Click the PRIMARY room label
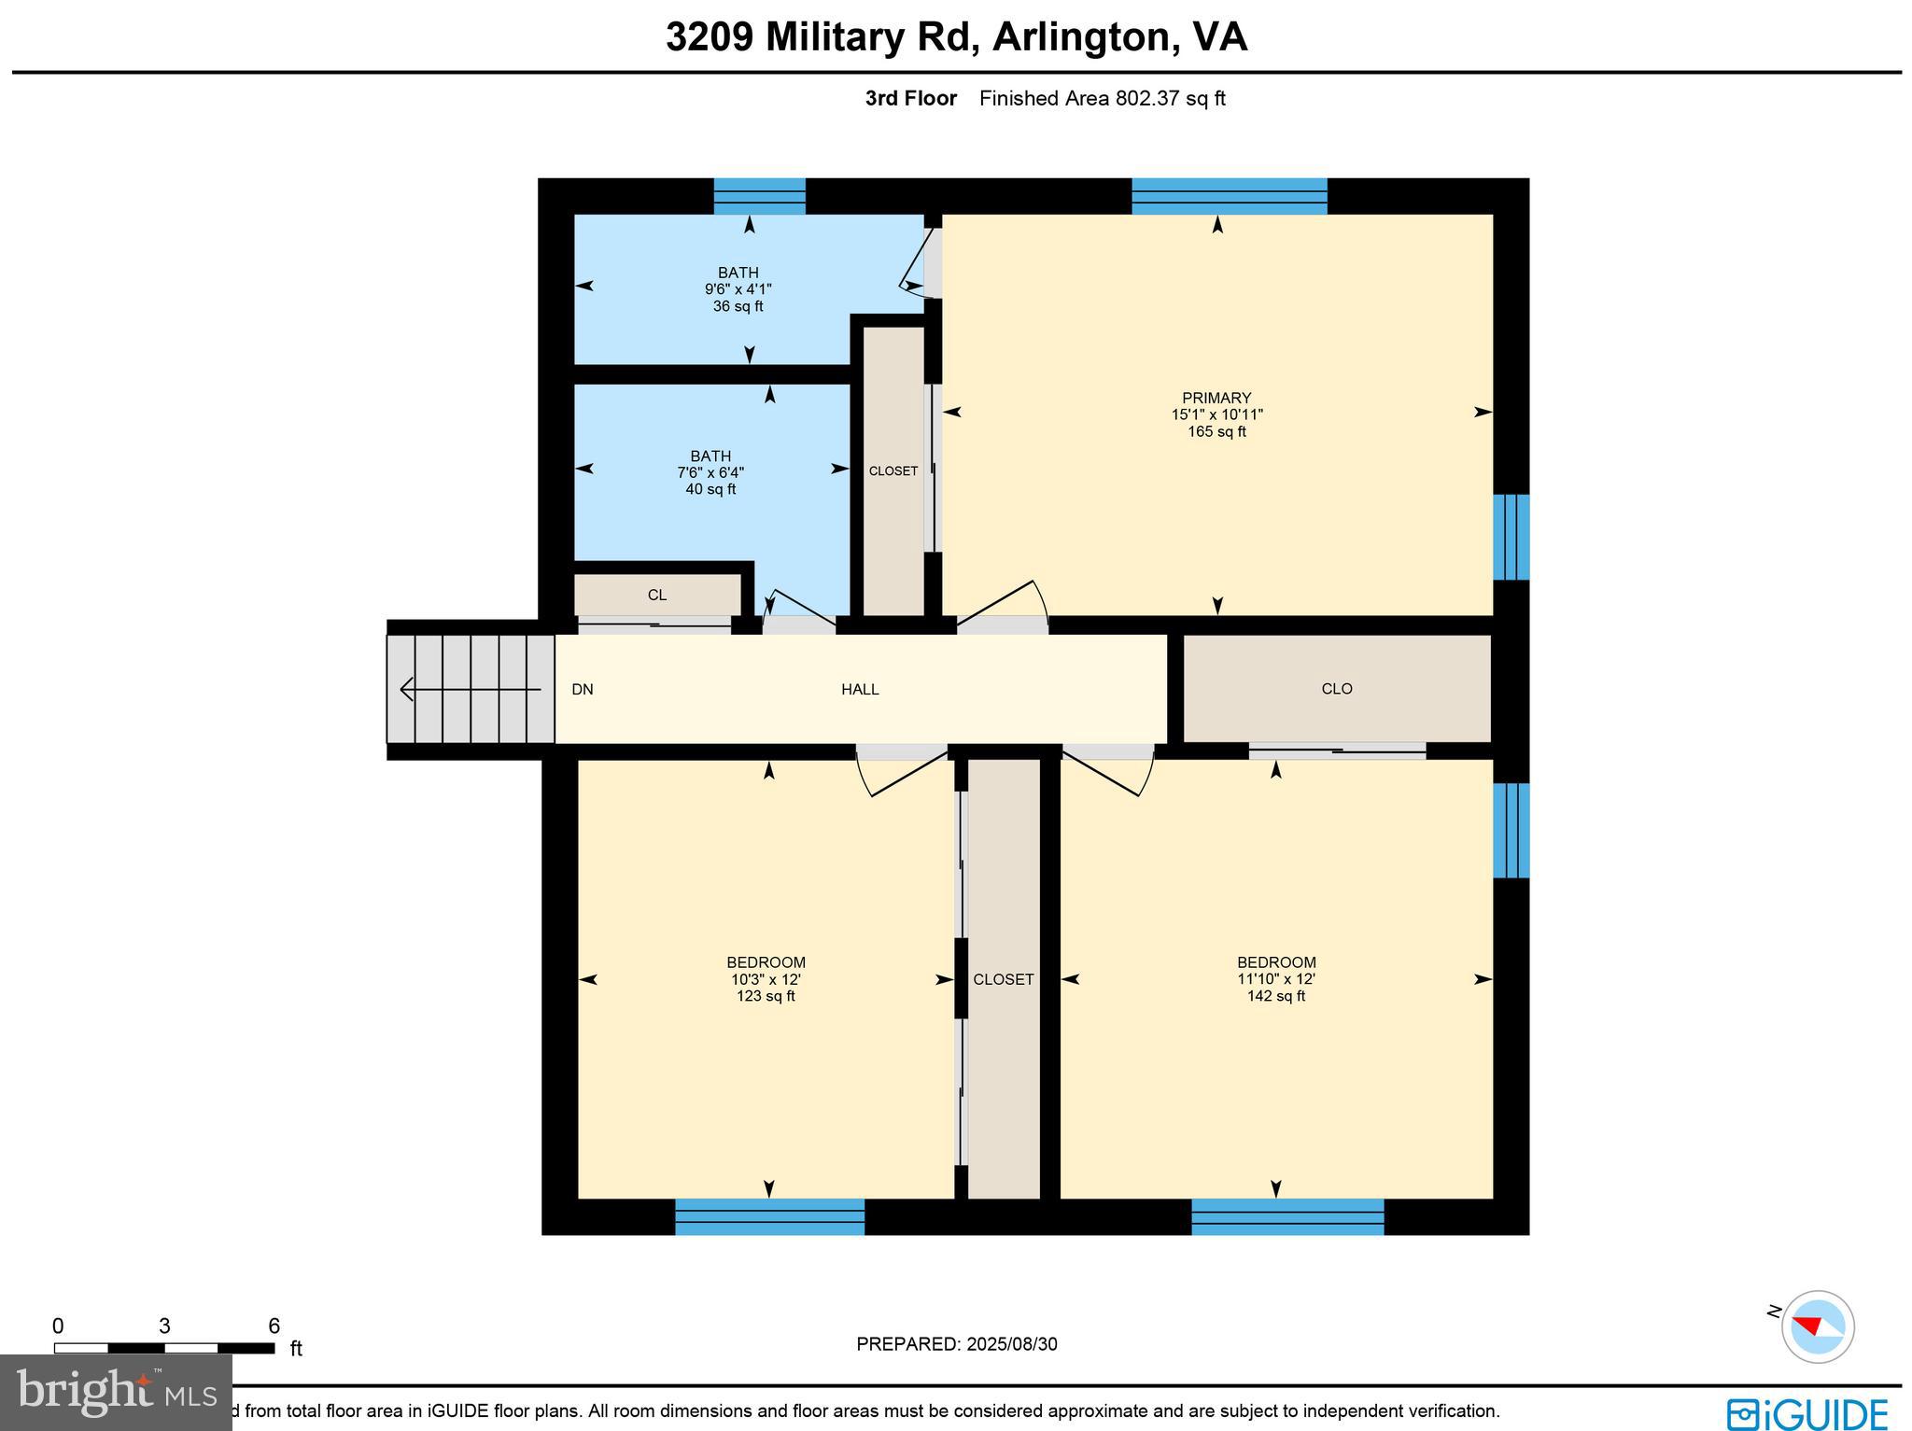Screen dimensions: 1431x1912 (x=1216, y=398)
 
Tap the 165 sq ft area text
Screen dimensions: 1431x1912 (x=1216, y=432)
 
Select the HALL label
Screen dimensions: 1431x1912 (x=859, y=690)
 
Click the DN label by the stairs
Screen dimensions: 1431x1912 (x=582, y=690)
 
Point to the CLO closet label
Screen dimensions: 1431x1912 (x=1336, y=689)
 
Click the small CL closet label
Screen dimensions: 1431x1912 (x=656, y=596)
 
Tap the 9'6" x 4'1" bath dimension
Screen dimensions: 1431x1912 (x=738, y=289)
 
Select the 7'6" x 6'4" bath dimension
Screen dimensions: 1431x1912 (x=710, y=472)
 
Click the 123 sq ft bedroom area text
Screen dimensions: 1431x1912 (x=765, y=996)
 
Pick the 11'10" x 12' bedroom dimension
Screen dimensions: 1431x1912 (x=1275, y=979)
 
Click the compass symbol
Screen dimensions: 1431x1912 (x=1817, y=1326)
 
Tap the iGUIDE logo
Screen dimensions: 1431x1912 (x=1807, y=1412)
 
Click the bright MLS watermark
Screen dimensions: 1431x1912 (x=116, y=1393)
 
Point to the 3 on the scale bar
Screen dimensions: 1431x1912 (x=164, y=1326)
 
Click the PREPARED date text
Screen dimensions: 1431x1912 (x=956, y=1344)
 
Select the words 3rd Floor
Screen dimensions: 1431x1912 (x=910, y=98)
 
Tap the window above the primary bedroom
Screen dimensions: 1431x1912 (x=1229, y=196)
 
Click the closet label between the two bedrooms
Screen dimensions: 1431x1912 (x=1003, y=979)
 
